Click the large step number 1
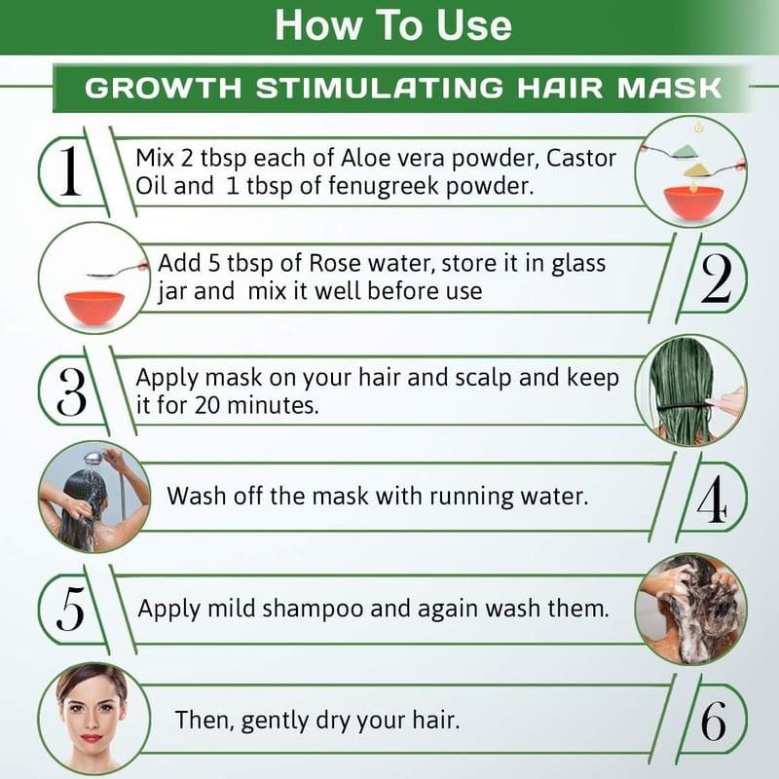point(70,170)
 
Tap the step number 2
point(716,278)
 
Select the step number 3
point(71,391)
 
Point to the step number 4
point(713,499)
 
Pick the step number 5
point(70,609)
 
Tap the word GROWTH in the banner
point(164,88)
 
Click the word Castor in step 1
point(581,159)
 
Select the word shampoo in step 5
point(313,610)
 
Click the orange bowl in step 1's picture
point(693,203)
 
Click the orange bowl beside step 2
point(94,308)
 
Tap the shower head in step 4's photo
point(93,458)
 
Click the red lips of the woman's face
point(92,738)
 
